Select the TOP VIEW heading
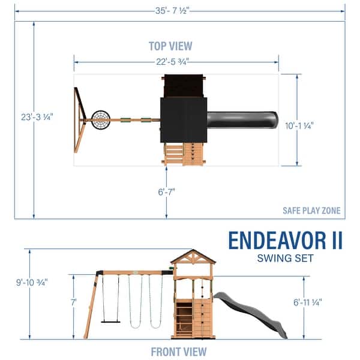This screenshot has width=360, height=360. (x=170, y=46)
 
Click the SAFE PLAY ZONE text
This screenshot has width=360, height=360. (x=311, y=210)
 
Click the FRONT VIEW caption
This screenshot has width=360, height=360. (x=178, y=352)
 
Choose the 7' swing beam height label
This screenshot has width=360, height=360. (x=74, y=303)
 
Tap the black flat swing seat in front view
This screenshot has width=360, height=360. (x=110, y=321)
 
